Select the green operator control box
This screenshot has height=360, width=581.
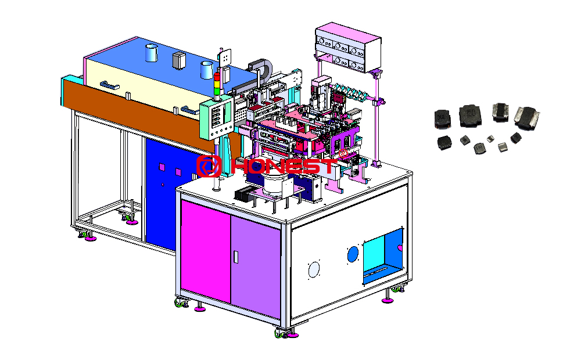click(216, 118)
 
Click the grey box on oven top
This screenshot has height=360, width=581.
click(178, 60)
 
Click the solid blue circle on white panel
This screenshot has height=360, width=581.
click(353, 254)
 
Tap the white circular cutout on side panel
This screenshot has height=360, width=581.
click(314, 269)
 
